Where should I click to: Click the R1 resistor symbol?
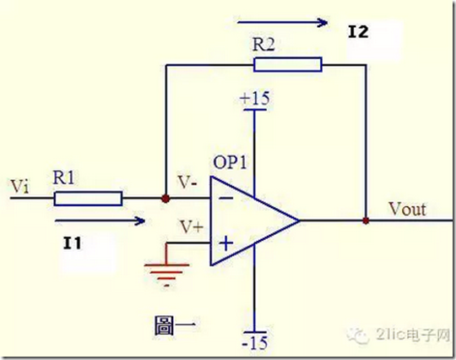[88, 199]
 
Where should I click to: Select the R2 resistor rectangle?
[288, 64]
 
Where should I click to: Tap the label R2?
[263, 45]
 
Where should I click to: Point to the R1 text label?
[63, 177]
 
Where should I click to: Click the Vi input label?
[19, 186]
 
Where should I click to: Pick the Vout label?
[407, 209]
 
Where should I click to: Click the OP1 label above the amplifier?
[230, 162]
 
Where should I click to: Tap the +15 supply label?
[255, 98]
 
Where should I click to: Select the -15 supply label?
[255, 343]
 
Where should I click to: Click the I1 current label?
[72, 243]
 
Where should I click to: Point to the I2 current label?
[358, 32]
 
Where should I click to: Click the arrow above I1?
[100, 221]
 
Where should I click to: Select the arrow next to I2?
[282, 22]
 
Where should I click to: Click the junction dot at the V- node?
[166, 199]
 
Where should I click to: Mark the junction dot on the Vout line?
[366, 221]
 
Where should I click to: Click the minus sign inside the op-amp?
[225, 199]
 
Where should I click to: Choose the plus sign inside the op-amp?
[226, 243]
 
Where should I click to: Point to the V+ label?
[191, 226]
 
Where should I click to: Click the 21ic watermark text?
[413, 335]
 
